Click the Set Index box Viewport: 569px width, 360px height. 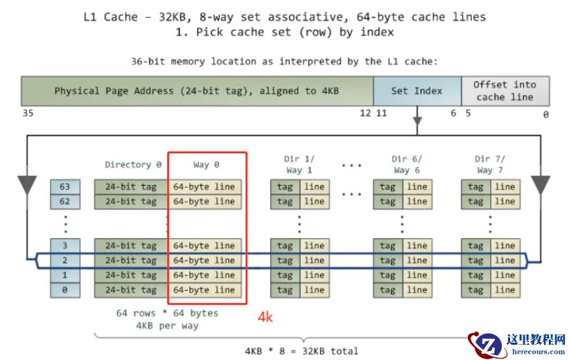(x=417, y=91)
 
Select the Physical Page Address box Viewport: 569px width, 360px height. (x=197, y=91)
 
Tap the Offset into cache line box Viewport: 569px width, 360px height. (x=505, y=91)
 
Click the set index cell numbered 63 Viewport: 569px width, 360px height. (x=65, y=187)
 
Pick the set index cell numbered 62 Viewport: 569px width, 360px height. (x=65, y=201)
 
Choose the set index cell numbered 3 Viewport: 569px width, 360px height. (x=65, y=246)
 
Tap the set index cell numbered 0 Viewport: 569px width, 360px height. (x=65, y=290)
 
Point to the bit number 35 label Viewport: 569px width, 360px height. (x=28, y=114)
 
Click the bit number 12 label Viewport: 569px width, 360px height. (x=365, y=114)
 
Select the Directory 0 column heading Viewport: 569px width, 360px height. (x=133, y=164)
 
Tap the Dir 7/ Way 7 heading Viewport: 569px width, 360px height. (x=490, y=164)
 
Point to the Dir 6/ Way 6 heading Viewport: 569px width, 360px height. (x=402, y=164)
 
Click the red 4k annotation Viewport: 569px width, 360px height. (x=265, y=317)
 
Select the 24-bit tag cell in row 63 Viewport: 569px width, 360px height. (x=131, y=187)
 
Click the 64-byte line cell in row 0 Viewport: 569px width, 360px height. (x=204, y=290)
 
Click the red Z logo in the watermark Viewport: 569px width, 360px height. (x=486, y=345)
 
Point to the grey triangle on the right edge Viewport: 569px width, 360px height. (x=540, y=185)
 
